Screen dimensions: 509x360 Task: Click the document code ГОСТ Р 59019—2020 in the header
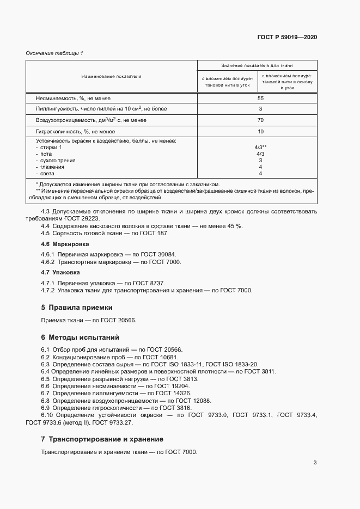point(287,38)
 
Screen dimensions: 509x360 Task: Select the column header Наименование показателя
point(112,76)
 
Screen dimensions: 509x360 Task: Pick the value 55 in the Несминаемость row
point(260,99)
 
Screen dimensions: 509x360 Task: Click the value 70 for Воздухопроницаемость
point(260,120)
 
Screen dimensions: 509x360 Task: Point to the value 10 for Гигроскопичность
point(260,132)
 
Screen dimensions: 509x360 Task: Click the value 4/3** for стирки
point(260,148)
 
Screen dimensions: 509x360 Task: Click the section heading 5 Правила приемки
point(76,307)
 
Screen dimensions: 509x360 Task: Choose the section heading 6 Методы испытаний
point(80,338)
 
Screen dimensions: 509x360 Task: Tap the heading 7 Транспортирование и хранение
point(102,439)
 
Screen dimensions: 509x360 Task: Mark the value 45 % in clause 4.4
point(234,225)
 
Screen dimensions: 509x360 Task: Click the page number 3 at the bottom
point(315,463)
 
